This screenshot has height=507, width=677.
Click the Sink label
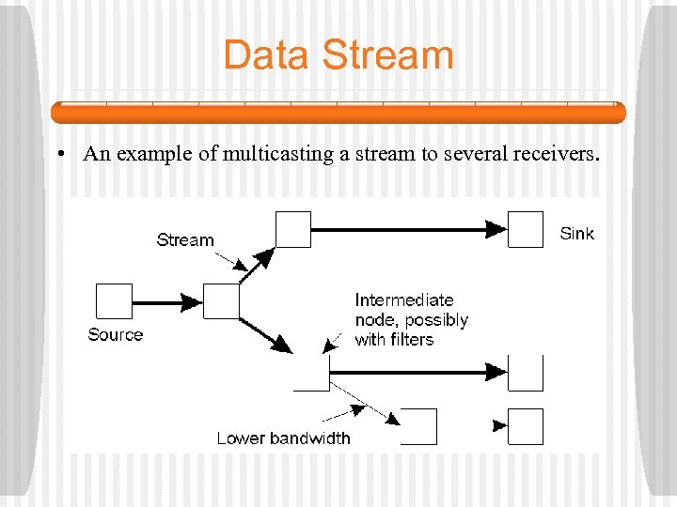coord(576,234)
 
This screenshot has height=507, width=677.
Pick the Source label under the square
coord(115,335)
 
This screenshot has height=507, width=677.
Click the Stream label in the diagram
coord(185,240)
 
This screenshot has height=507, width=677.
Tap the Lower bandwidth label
coord(283,438)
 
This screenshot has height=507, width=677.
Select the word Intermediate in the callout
coord(403,300)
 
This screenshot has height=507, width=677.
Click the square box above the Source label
coord(114,302)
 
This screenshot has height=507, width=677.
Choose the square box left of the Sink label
coord(526,229)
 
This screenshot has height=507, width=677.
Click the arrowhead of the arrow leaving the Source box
coord(191,302)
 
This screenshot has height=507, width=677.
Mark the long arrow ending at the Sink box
coord(404,228)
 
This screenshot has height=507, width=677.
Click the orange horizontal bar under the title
coord(338,114)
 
